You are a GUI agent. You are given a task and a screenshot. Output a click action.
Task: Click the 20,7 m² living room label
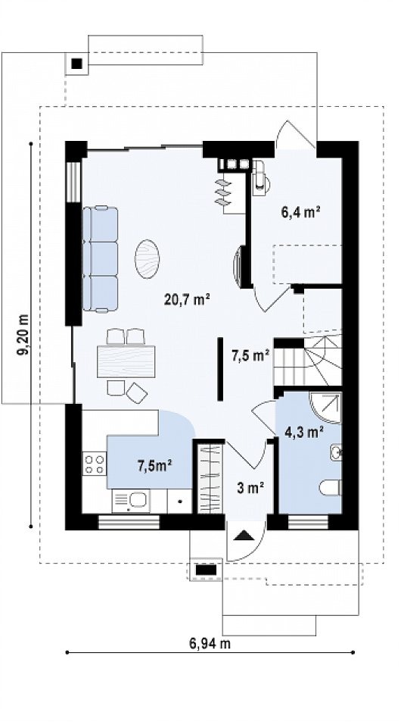[187, 299]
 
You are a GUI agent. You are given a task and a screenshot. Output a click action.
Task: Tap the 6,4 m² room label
[301, 212]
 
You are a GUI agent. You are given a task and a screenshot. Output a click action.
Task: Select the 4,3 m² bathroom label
[304, 433]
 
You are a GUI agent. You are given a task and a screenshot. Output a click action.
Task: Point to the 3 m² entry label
[250, 488]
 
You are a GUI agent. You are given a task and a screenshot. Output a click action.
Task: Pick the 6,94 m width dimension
[210, 643]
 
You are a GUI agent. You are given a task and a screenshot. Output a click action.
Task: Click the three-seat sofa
[100, 259]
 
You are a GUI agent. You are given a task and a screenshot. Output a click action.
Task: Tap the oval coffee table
[147, 259]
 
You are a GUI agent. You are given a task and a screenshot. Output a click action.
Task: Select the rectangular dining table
[126, 361]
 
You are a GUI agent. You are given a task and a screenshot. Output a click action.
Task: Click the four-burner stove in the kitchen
[95, 464]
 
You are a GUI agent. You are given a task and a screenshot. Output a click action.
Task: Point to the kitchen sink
[131, 502]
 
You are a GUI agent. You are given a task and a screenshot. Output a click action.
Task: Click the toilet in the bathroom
[330, 488]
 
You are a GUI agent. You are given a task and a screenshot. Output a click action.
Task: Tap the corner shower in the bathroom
[325, 408]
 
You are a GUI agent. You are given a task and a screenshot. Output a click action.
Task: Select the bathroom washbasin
[336, 452]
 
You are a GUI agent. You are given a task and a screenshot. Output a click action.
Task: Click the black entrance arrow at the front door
[244, 535]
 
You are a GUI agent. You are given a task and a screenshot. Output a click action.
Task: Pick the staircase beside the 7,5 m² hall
[308, 362]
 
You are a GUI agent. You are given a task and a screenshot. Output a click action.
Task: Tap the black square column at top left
[77, 64]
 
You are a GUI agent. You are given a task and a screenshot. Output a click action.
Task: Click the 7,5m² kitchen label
[155, 466]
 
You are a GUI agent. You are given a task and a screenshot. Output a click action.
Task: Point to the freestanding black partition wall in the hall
[220, 368]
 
